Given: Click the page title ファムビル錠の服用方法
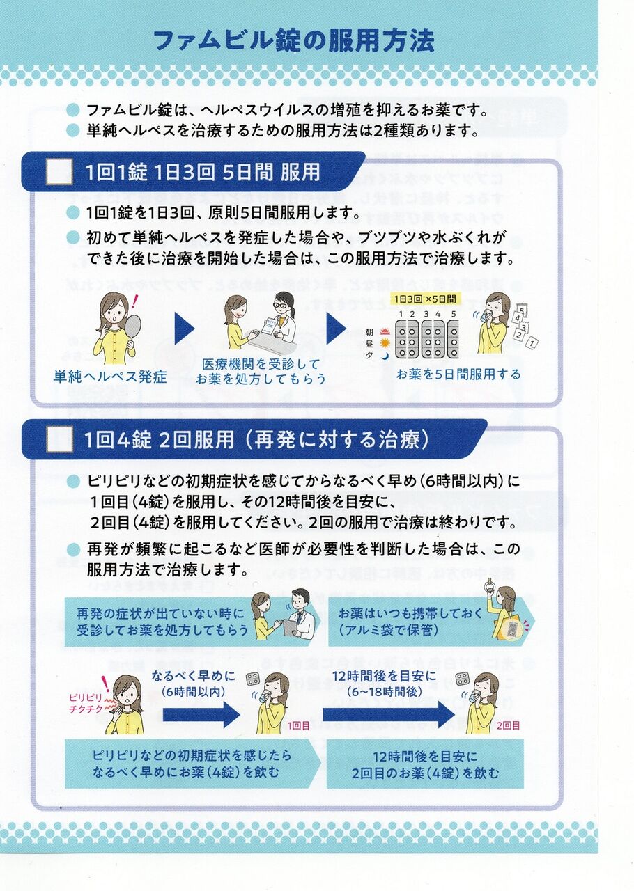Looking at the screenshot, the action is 294,40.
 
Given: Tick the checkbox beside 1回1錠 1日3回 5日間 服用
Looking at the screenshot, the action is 59,171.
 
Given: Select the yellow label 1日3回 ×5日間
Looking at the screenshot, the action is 424,299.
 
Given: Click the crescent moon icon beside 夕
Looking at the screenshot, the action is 385,355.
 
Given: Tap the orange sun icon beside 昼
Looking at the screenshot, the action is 385,342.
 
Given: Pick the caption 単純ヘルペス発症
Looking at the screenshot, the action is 110,377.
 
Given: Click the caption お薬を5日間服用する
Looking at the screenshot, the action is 458,374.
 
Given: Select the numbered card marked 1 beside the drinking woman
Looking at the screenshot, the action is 533,342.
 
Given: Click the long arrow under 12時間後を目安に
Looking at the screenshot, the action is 388,716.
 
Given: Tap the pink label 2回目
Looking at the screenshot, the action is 509,725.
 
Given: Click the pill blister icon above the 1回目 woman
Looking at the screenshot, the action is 254,679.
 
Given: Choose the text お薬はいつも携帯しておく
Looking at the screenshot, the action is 410,613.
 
